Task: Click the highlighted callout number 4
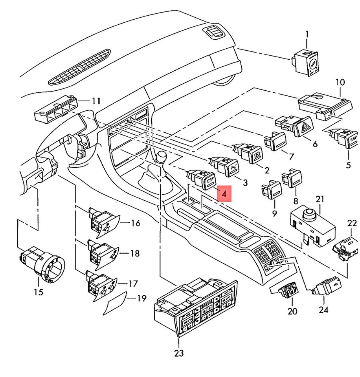pos(224,193)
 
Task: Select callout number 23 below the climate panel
pos(179,353)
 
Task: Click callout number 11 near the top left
pos(96,101)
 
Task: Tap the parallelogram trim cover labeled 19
pos(115,304)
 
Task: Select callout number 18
pos(134,254)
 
